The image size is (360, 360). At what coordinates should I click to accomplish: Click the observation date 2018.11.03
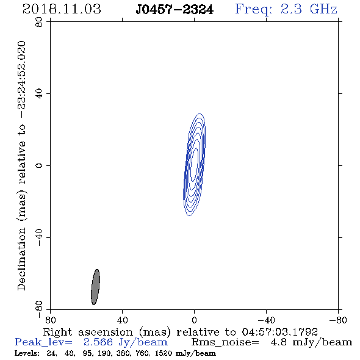tap(62, 9)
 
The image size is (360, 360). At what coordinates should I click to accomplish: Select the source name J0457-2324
tap(175, 9)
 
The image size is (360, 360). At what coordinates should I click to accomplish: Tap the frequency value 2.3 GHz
tap(309, 9)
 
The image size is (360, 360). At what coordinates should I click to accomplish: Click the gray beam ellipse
tap(95, 287)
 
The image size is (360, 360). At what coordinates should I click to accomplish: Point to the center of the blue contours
tap(194, 165)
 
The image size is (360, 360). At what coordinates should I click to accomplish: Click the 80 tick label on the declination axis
tap(39, 22)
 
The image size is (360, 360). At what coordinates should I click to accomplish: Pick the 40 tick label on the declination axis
tap(39, 94)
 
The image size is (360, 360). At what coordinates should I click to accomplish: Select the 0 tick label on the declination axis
tap(39, 165)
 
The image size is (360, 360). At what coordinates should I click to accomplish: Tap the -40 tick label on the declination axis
tap(39, 237)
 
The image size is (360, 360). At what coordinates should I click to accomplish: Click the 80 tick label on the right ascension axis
tap(50, 320)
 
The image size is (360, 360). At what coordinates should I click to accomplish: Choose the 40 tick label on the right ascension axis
tap(122, 320)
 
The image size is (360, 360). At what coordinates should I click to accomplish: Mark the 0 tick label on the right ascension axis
tap(194, 320)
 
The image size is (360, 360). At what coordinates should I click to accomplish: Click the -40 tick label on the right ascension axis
tap(266, 320)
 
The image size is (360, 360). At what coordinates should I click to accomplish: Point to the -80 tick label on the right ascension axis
tap(338, 320)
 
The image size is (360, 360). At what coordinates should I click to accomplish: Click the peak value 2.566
tap(98, 342)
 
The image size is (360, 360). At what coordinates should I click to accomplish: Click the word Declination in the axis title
tap(21, 259)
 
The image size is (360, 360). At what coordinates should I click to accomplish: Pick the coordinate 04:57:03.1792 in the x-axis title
tap(279, 332)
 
